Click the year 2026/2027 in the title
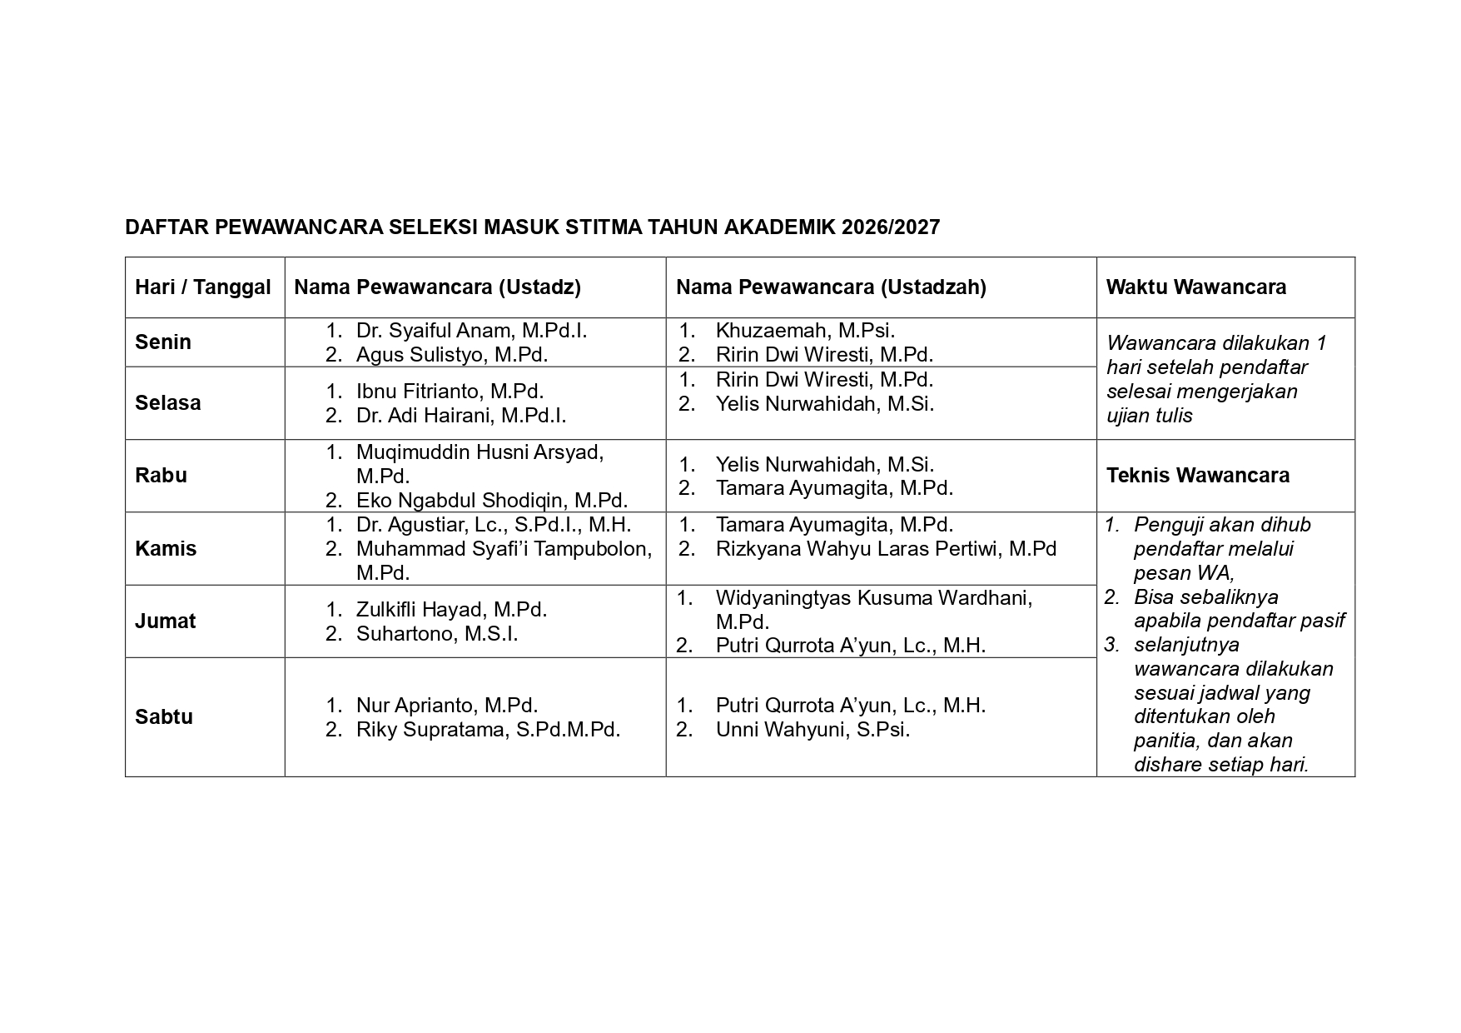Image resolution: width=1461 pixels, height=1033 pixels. click(x=890, y=227)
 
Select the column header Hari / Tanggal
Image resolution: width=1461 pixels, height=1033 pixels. click(x=203, y=287)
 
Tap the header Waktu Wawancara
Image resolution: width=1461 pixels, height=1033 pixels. click(x=1195, y=287)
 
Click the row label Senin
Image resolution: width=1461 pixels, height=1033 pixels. click(x=163, y=342)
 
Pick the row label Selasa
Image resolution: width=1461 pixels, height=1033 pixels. click(x=168, y=403)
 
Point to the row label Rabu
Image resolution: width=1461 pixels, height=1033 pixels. click(x=161, y=476)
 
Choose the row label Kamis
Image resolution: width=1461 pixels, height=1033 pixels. click(x=166, y=549)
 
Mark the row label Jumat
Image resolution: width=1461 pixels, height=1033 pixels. click(x=166, y=621)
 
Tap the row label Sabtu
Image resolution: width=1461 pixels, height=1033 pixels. click(x=164, y=717)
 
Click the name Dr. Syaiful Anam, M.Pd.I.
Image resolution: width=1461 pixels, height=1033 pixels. click(x=471, y=331)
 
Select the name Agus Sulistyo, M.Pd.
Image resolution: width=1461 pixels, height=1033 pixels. click(x=451, y=355)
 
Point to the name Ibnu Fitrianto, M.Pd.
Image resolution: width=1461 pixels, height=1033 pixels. click(x=450, y=392)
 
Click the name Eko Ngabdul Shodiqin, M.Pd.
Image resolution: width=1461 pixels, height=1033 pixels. click(x=491, y=501)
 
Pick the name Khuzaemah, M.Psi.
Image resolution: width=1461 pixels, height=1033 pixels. click(x=805, y=331)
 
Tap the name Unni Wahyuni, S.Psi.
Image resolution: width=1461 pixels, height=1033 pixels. click(x=812, y=730)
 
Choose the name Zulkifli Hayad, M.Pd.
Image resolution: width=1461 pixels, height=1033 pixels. click(x=451, y=610)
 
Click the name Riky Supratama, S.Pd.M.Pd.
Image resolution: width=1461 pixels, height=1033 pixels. click(x=488, y=730)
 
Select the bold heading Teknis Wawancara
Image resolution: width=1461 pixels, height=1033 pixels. click(x=1197, y=476)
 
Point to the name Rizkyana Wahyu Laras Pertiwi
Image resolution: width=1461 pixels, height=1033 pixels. click(x=886, y=549)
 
